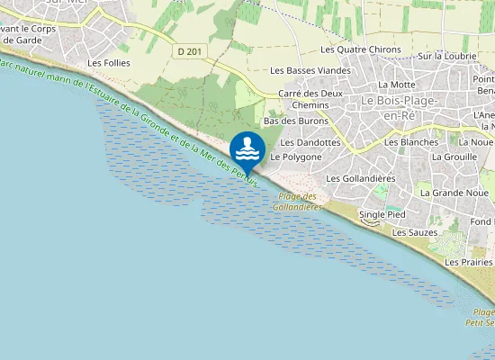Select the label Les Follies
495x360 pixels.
point(110,63)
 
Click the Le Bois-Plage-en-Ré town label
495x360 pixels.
point(398,107)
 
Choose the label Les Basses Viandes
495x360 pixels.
point(310,70)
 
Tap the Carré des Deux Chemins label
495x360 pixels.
point(310,99)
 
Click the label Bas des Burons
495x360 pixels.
point(294,121)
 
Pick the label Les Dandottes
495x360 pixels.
point(310,142)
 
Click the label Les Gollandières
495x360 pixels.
point(361,178)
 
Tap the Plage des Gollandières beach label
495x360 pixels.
point(297,202)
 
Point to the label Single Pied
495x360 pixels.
point(382,215)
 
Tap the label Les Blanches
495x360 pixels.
point(410,142)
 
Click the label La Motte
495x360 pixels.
point(396,85)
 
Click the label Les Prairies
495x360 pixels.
point(469,262)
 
